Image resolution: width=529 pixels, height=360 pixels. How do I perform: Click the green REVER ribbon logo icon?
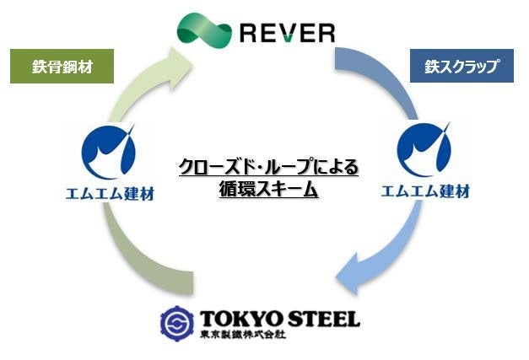pos(204,30)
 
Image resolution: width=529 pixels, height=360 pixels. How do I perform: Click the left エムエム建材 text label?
pos(111,192)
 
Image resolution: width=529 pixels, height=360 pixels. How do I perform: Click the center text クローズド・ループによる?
pos(269,167)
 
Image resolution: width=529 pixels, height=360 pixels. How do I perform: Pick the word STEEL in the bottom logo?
pos(321,319)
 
